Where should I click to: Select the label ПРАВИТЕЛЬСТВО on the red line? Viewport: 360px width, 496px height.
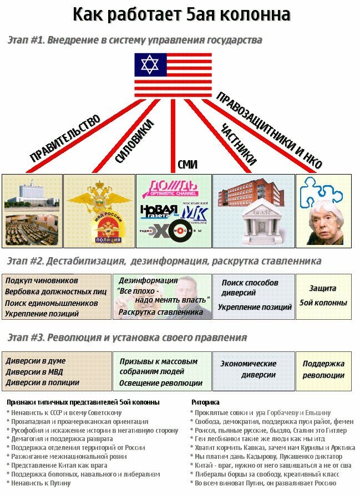pos(65,138)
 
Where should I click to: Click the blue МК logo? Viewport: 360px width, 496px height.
pos(194,212)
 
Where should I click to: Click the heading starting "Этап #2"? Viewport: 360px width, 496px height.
pos(164,261)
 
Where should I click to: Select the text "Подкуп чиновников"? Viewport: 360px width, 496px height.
pos(42,280)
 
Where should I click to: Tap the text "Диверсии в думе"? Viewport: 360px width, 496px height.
pos(36,361)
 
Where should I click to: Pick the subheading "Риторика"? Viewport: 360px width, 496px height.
pos(205,402)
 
